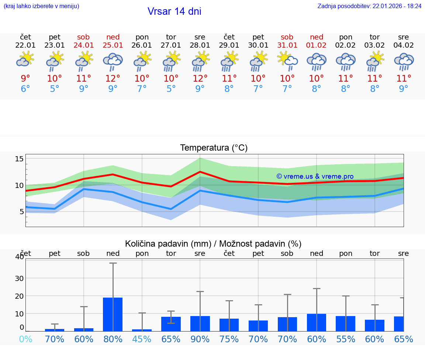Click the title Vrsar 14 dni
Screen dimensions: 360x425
pyautogui.click(x=174, y=11)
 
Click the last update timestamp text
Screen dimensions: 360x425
pyautogui.click(x=369, y=6)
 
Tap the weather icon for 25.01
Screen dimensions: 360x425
pyautogui.click(x=113, y=61)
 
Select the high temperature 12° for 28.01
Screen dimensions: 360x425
pyautogui.click(x=200, y=79)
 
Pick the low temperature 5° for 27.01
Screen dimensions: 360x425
pyautogui.click(x=171, y=89)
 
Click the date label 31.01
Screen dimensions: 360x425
pyautogui.click(x=287, y=45)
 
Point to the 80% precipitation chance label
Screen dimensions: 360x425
pyautogui.click(x=113, y=339)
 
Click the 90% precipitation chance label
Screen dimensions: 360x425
pyautogui.click(x=200, y=339)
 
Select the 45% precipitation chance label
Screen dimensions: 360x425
pyautogui.click(x=142, y=339)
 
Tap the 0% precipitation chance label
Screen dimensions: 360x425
pyautogui.click(x=25, y=339)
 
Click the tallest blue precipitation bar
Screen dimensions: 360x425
pyautogui.click(x=113, y=314)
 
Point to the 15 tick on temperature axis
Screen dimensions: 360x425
pyautogui.click(x=19, y=159)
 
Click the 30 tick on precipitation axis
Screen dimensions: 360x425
pyautogui.click(x=19, y=278)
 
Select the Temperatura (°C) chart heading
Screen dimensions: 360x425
pyautogui.click(x=214, y=148)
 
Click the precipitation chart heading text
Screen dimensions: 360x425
pyautogui.click(x=213, y=244)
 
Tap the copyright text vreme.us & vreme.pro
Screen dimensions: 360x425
pyautogui.click(x=315, y=176)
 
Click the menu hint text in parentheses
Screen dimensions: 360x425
pyautogui.click(x=41, y=6)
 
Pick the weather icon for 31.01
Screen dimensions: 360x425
pyautogui.click(x=287, y=61)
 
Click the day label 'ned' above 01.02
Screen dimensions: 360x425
pyautogui.click(x=317, y=37)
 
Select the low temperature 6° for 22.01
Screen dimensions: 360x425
pyautogui.click(x=25, y=89)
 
